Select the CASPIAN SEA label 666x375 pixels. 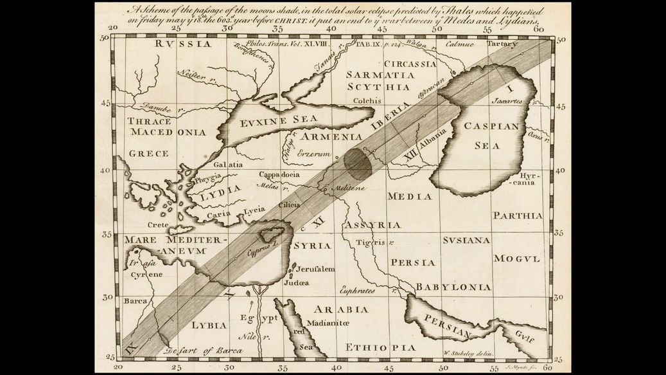(x=491, y=136)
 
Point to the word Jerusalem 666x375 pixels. (x=316, y=269)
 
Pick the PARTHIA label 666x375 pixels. (x=518, y=215)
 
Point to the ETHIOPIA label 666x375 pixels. (x=376, y=347)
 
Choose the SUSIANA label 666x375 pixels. (x=466, y=240)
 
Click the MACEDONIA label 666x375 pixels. (x=168, y=132)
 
